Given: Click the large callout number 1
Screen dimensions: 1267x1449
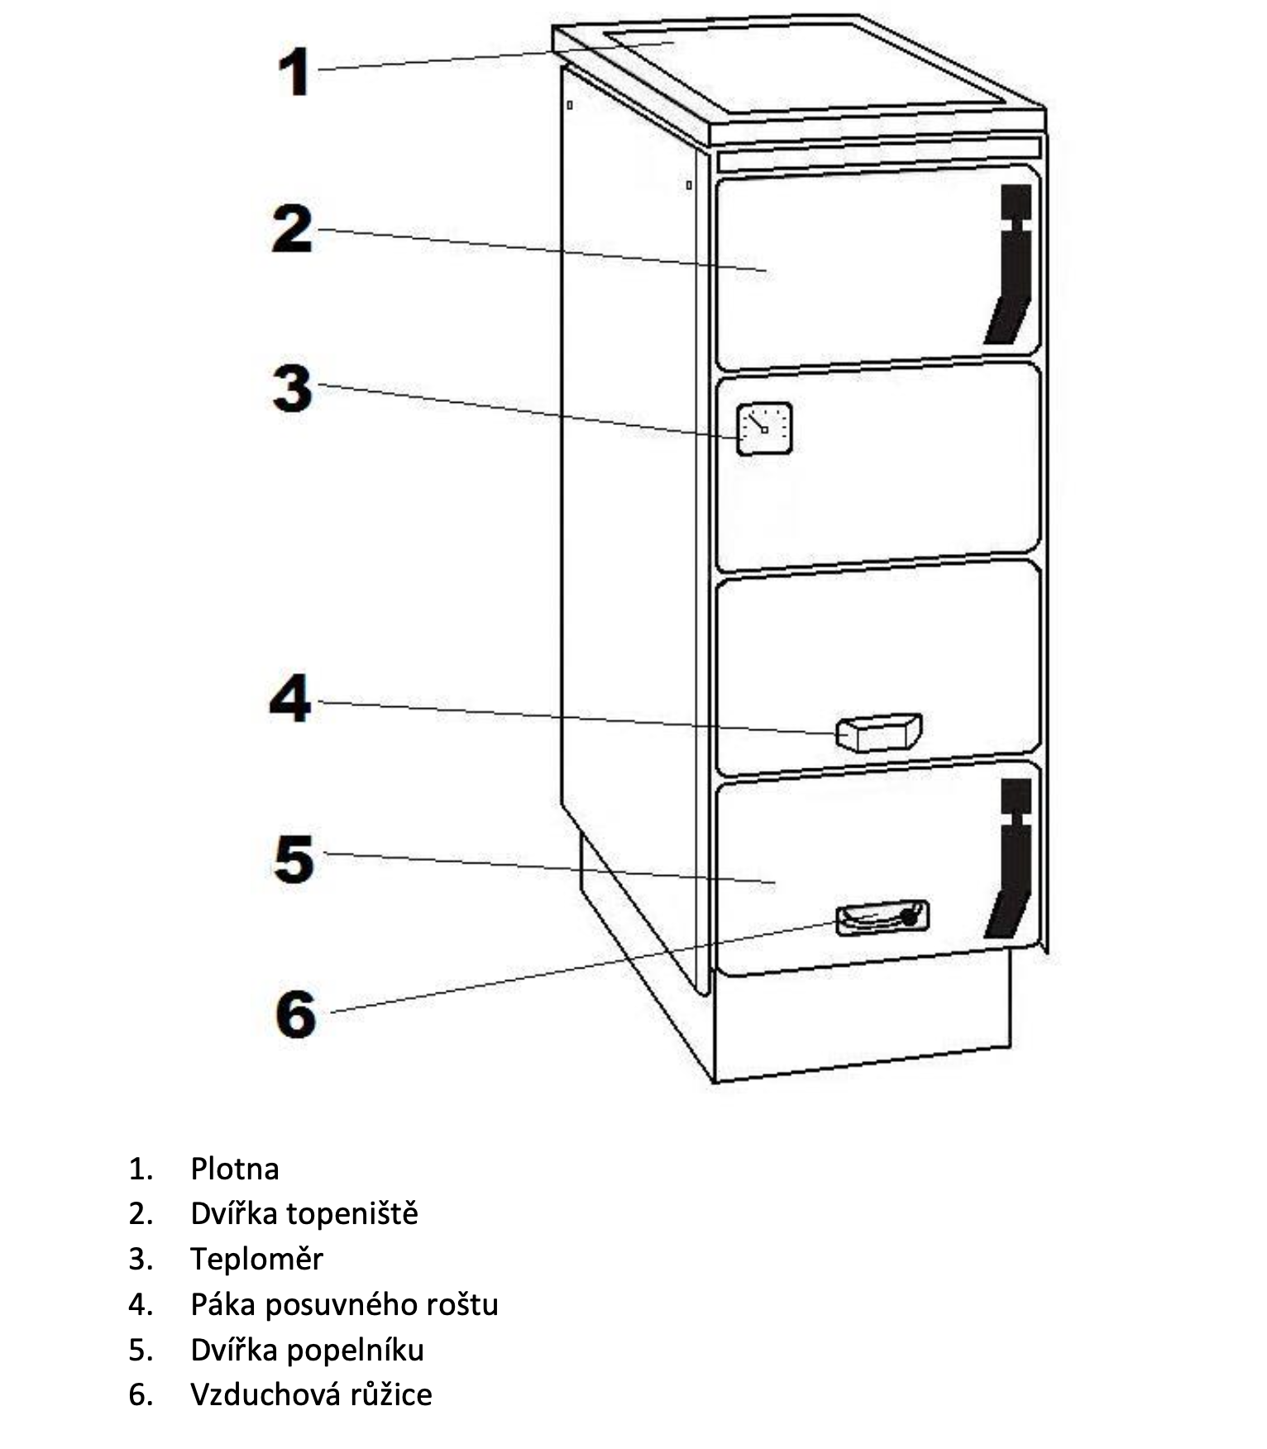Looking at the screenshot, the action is (x=294, y=72).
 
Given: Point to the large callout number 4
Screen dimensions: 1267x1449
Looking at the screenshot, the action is (x=290, y=699).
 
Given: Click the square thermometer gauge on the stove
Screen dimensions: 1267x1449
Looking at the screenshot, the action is (x=764, y=428).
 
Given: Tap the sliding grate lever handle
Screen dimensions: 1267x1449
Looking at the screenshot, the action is (x=878, y=732).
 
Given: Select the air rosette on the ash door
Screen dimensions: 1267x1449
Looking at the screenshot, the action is (x=882, y=917).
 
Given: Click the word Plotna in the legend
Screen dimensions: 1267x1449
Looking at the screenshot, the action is (x=235, y=1169).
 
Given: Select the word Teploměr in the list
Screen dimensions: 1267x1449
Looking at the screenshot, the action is (x=256, y=1259).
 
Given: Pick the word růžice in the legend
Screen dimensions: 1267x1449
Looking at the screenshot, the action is (x=390, y=1394).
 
